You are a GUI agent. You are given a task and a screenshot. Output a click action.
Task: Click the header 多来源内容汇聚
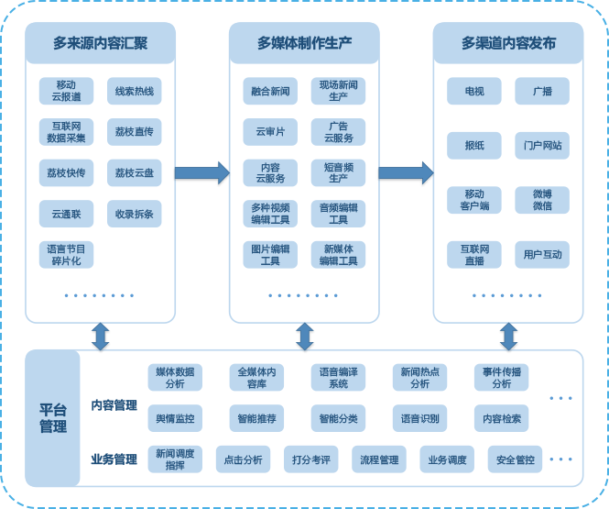[100, 43]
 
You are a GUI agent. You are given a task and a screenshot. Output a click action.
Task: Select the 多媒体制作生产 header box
[304, 43]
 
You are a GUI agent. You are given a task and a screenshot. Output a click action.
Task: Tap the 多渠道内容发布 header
[508, 43]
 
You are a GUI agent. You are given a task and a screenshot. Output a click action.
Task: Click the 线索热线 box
[134, 91]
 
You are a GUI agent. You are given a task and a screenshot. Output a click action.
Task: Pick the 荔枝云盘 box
[134, 172]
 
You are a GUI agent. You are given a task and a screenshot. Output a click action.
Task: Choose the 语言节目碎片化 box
[66, 254]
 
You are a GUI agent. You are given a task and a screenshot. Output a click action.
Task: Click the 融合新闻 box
[270, 91]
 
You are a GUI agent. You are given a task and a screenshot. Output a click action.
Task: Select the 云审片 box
[270, 132]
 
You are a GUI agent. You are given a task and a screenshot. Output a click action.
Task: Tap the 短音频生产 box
[338, 172]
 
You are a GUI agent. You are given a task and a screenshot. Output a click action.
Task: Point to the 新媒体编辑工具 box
[338, 254]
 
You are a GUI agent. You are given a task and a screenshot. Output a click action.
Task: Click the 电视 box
[474, 91]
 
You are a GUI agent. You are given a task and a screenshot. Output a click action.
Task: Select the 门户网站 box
[542, 145]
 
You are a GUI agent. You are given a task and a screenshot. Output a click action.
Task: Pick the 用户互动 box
[542, 254]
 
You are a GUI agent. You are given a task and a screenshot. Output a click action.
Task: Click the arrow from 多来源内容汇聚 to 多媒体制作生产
[201, 172]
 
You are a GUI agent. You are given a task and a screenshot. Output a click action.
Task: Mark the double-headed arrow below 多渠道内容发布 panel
[508, 337]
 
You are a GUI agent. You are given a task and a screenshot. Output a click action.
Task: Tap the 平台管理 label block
[52, 418]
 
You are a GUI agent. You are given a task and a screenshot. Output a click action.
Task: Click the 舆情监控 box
[175, 418]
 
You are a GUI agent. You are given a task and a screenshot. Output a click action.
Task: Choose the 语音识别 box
[419, 418]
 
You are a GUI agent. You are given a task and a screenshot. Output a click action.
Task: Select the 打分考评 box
[310, 459]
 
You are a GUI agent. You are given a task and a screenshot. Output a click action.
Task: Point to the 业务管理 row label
[114, 459]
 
